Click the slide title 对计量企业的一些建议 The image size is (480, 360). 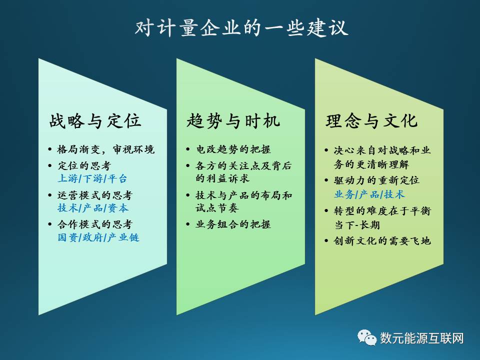[241, 28]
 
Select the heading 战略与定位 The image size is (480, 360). [95, 120]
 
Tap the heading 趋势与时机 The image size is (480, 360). [233, 120]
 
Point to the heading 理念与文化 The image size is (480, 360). [371, 120]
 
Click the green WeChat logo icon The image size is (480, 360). [367, 338]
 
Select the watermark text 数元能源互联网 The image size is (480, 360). [422, 338]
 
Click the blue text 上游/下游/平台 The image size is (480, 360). [92, 178]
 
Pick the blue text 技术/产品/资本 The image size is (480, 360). [93, 208]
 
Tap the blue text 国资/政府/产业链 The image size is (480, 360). [98, 237]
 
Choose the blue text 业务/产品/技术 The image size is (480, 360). [369, 194]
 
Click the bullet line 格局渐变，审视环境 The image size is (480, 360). [106, 149]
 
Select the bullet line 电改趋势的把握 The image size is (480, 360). [233, 149]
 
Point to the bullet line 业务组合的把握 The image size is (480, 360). [233, 224]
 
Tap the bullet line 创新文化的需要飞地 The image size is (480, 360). [382, 240]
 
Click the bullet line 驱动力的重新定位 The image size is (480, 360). [376, 180]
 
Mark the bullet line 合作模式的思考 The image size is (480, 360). [95, 224]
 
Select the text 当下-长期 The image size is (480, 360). [357, 225]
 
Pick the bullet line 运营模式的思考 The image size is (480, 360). [95, 195]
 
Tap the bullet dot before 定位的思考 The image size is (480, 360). [50, 166]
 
